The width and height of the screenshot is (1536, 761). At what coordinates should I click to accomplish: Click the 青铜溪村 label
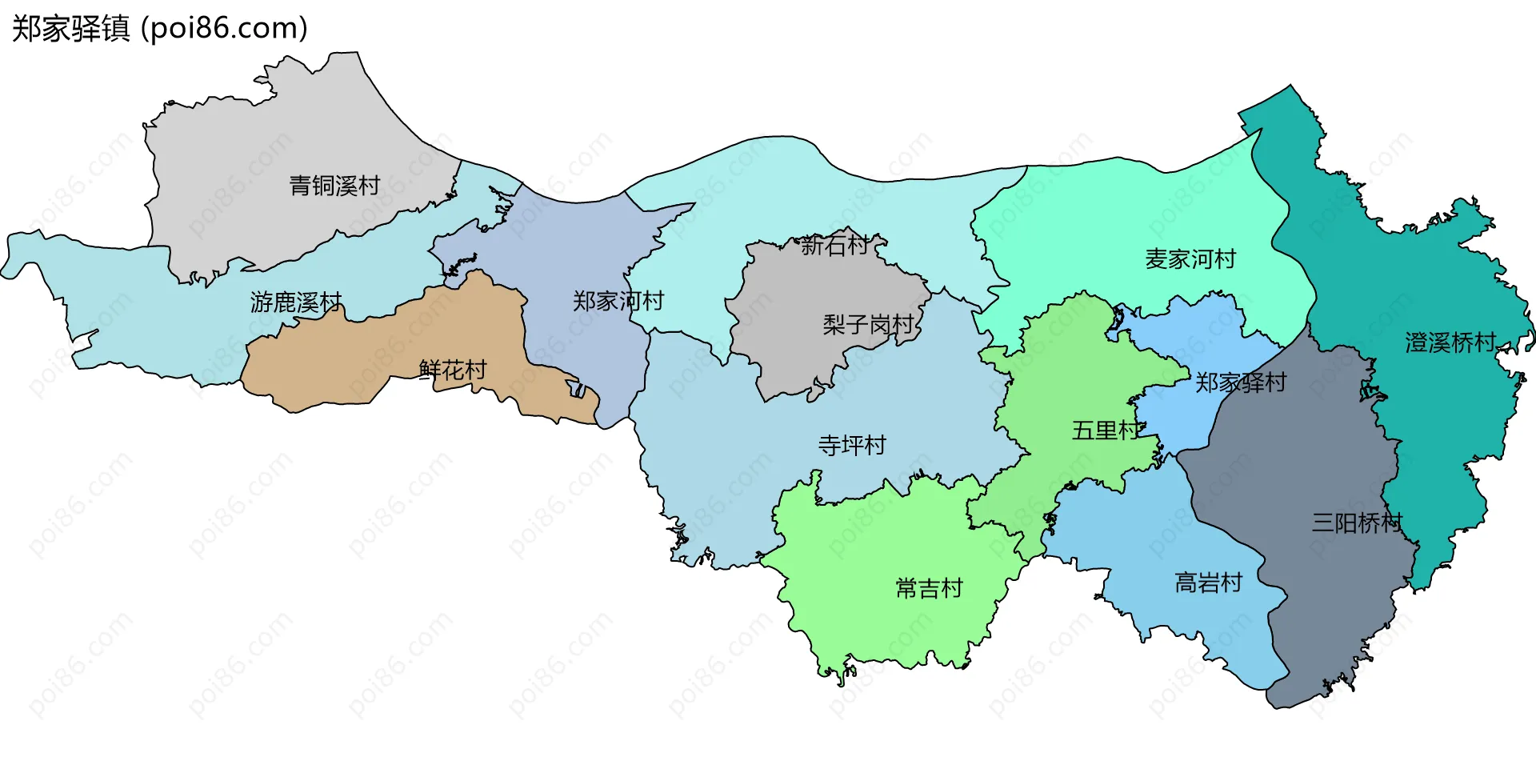(334, 186)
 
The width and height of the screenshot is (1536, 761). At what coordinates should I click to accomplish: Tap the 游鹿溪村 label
(296, 302)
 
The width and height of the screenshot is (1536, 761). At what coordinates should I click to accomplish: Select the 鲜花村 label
(453, 370)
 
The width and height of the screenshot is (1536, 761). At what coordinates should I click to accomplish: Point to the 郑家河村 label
(618, 301)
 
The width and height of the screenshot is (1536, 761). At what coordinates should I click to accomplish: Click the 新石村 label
(834, 245)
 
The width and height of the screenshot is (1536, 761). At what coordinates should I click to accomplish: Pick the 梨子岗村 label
(868, 324)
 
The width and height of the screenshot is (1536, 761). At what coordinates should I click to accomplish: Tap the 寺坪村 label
(852, 445)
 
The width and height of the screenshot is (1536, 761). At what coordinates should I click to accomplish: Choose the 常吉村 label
(929, 588)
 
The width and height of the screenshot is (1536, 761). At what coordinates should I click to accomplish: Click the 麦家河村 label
(1190, 259)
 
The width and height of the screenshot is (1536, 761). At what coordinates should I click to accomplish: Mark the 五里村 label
(1106, 431)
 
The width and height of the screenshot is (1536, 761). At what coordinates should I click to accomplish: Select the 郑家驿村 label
(1241, 383)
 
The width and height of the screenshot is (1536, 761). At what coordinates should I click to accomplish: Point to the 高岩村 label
(1208, 583)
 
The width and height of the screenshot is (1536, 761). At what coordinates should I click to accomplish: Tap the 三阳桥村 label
(1357, 523)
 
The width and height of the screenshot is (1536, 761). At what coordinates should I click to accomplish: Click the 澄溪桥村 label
(1450, 342)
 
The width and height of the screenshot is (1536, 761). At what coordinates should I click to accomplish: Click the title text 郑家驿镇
(70, 29)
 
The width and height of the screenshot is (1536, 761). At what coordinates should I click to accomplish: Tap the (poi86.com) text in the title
(224, 29)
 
